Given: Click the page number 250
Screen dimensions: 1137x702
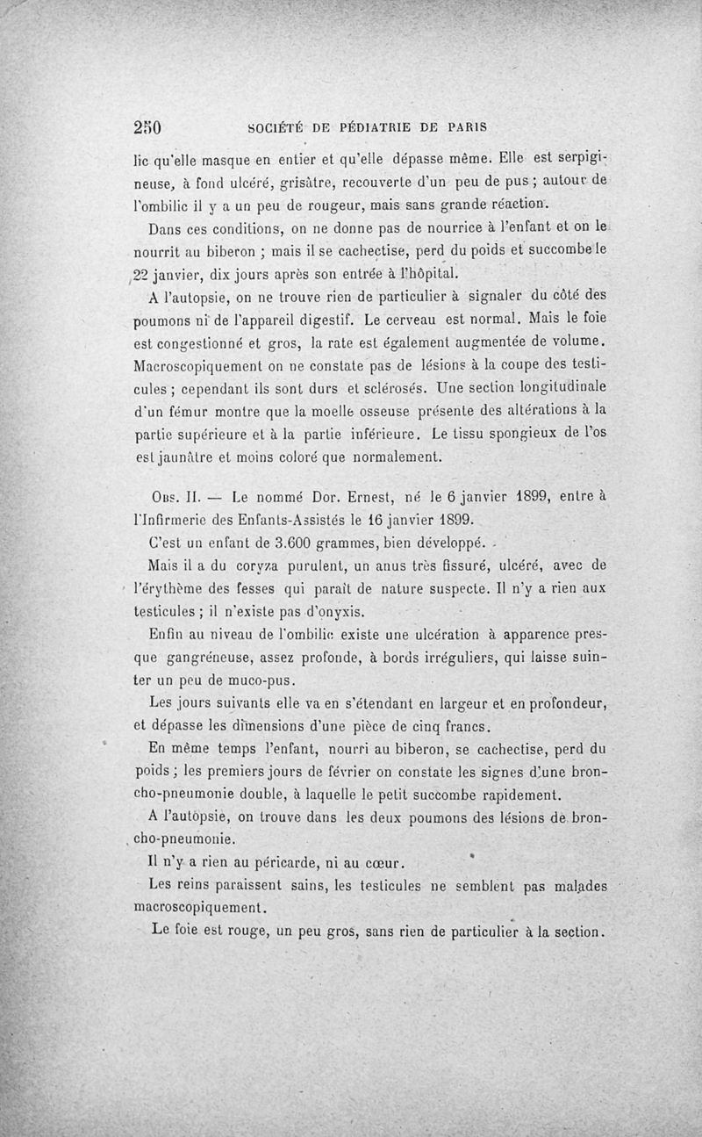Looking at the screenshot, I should click(149, 125).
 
